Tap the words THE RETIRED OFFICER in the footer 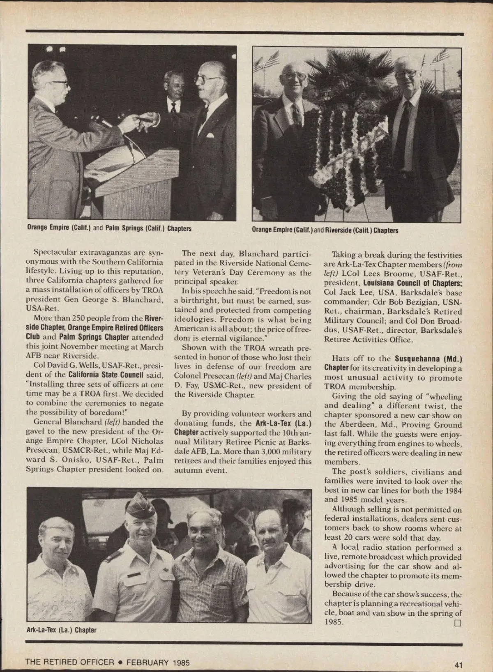pos(69,662)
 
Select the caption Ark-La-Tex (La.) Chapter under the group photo pos(61,629)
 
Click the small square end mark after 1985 pos(458,623)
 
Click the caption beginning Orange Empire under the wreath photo pos(325,230)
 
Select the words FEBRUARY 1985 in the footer pos(158,662)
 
